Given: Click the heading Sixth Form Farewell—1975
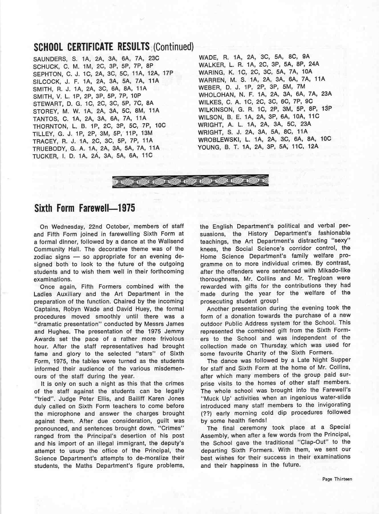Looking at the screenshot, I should (84, 208).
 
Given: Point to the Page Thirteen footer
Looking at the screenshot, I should (337, 479).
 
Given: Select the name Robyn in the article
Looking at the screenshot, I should (73, 309).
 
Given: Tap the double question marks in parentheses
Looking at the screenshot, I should (206, 413).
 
